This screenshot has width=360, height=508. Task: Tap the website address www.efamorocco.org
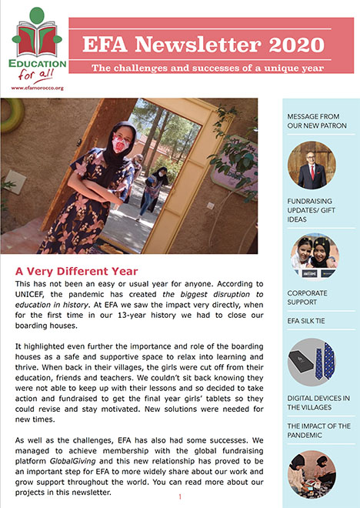point(37,88)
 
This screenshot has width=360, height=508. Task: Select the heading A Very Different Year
point(76,271)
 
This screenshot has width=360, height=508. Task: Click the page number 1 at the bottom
point(179,497)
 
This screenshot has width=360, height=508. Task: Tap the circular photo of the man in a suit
point(312,165)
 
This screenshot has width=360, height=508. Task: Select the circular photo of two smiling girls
point(312,256)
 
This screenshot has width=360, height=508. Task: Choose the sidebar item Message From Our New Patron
point(317,120)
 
